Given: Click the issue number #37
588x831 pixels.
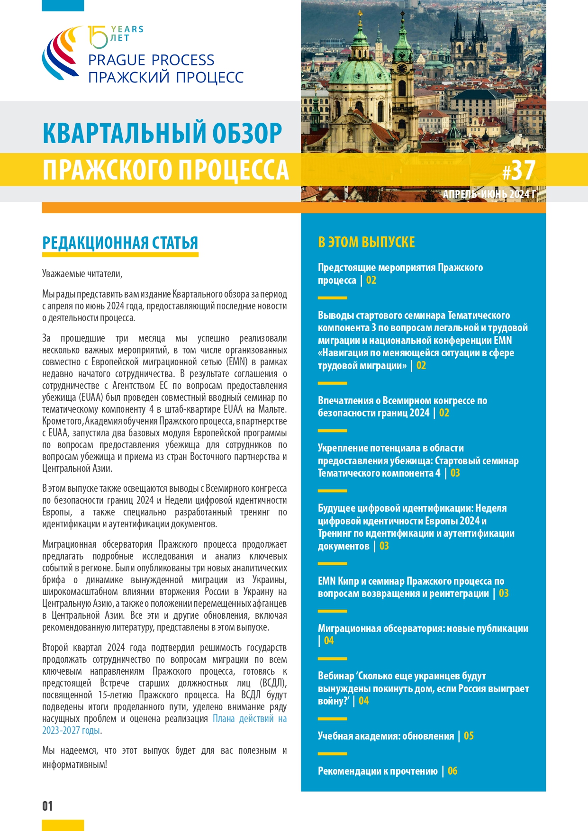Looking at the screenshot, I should point(519,171).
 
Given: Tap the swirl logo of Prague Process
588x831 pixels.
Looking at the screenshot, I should point(61,53).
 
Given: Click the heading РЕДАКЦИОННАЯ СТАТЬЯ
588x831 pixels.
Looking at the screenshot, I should point(120,243).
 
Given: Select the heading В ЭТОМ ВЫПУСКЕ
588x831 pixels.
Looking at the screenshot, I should point(366,242).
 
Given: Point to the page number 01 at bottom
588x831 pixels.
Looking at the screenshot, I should point(47,806).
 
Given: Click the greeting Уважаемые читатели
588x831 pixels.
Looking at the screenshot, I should point(82,274).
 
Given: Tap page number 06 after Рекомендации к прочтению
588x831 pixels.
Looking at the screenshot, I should point(452,771).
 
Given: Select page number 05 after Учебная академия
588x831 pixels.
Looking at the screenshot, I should point(469,736).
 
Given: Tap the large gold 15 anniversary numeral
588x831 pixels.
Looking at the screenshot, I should point(98,37).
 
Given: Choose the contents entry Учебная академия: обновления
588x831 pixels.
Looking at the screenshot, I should point(386,736).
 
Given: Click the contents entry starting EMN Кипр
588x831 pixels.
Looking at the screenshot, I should point(411,587).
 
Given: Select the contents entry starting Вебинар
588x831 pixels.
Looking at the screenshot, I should point(423,688).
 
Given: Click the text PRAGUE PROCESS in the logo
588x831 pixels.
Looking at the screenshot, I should point(151,60).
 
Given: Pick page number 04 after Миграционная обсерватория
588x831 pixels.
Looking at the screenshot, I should point(329,641).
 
